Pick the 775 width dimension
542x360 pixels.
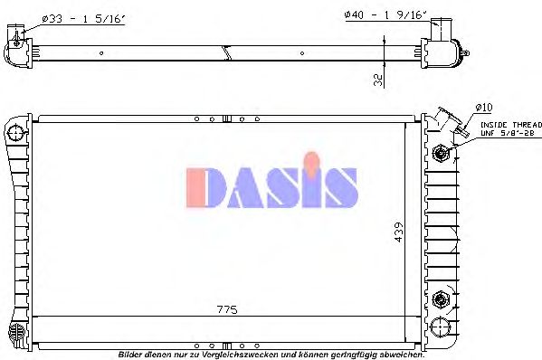click(x=227, y=309)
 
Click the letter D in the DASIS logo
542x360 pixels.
click(x=204, y=186)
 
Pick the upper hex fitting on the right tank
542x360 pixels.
click(x=441, y=153)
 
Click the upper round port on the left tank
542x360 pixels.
click(x=15, y=134)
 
